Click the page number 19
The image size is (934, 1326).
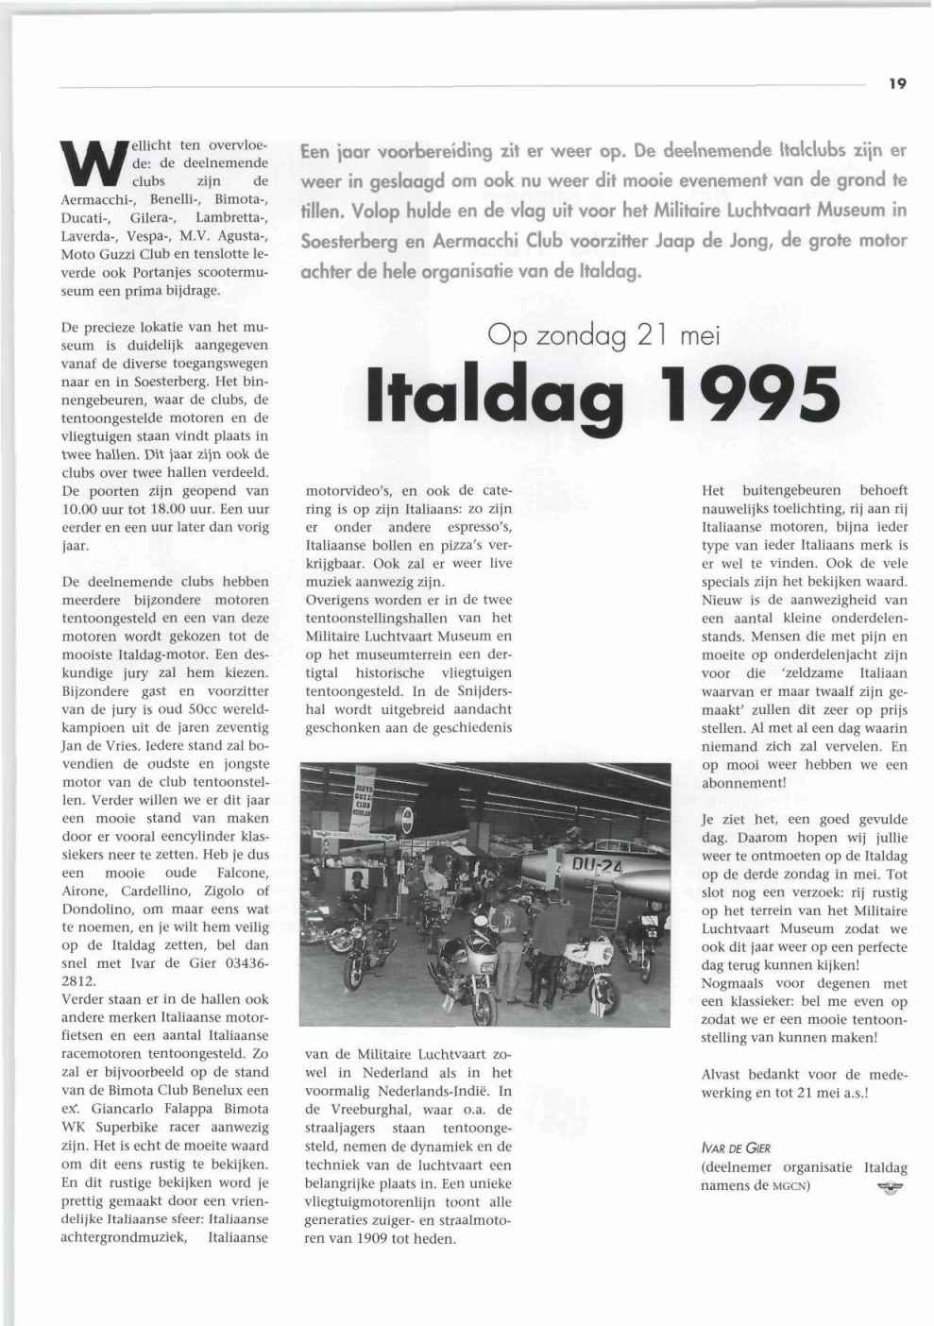[897, 83]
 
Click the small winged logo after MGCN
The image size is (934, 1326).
[890, 1187]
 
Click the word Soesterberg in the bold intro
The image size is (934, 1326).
[352, 241]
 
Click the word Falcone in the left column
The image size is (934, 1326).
[242, 873]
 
